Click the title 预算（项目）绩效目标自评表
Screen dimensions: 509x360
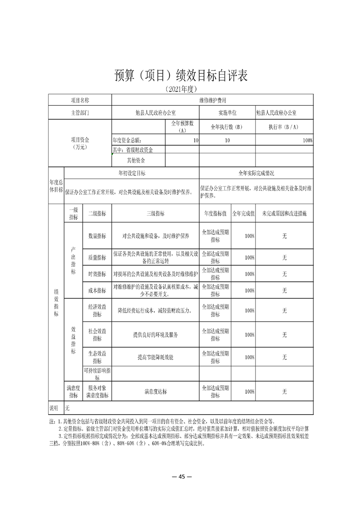180,76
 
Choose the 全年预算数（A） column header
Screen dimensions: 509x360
182,127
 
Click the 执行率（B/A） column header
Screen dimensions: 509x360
284,127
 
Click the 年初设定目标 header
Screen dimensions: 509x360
132,173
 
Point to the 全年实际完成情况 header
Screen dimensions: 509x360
256,173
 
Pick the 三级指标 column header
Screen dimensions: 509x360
155,213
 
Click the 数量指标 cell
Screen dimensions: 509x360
97,236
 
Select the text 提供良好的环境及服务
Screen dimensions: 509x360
155,335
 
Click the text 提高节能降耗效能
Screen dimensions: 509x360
155,357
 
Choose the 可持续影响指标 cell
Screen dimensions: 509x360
97,374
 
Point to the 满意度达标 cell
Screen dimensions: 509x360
155,392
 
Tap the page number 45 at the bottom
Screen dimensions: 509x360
180,476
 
